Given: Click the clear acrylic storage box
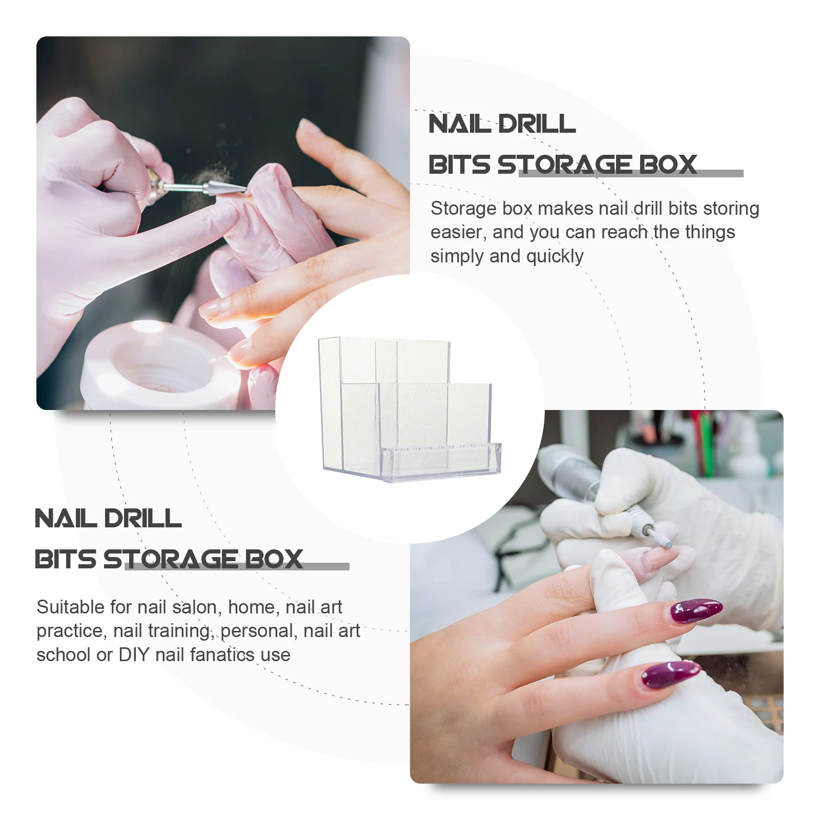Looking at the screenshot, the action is pos(409,409).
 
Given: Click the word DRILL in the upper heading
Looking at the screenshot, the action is pos(537,124).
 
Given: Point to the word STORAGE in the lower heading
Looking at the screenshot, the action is pos(171,559).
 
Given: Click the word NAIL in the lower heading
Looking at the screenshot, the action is pos(66,519).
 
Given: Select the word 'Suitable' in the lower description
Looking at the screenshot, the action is pos(70,607).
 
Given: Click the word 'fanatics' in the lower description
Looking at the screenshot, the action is pos(222,655).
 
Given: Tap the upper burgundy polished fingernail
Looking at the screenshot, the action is pos(695,610).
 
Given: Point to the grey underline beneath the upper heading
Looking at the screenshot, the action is pos(631,174).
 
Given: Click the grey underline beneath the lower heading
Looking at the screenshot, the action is pos(237,566).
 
